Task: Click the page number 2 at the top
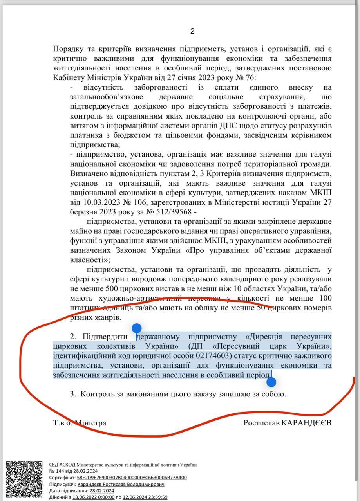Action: tap(192, 31)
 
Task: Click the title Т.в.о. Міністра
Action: tap(80, 423)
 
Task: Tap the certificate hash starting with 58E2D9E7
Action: tap(132, 478)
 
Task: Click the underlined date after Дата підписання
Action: tap(101, 490)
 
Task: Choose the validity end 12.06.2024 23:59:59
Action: tap(145, 497)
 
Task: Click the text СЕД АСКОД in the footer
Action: tap(62, 465)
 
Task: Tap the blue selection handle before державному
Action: tap(136, 329)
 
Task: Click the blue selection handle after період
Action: tap(271, 381)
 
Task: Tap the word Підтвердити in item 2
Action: tap(106, 337)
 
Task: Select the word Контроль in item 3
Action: tap(96, 394)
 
